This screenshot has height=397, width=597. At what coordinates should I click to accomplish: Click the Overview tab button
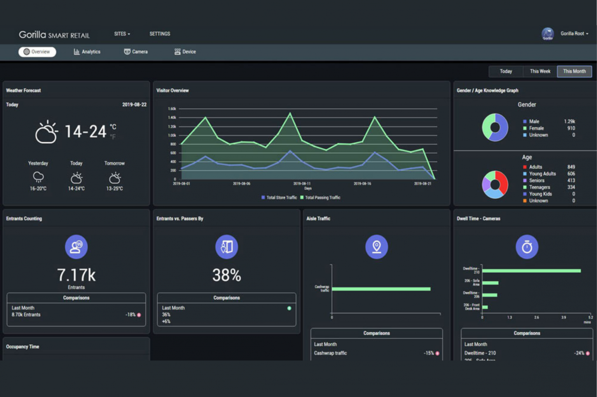click(37, 52)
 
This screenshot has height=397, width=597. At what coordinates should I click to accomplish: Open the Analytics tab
click(87, 52)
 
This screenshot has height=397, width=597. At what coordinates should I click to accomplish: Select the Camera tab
click(136, 52)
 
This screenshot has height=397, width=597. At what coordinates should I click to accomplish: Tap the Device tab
click(185, 52)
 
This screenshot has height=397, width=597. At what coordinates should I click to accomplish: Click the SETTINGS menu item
click(160, 34)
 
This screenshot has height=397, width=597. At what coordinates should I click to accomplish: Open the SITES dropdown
click(122, 34)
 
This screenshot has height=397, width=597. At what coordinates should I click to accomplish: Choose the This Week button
click(540, 71)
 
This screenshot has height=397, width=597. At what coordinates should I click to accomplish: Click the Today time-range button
click(506, 71)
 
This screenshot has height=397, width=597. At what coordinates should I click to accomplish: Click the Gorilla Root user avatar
click(548, 34)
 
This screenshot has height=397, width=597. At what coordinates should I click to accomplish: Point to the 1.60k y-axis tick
click(172, 109)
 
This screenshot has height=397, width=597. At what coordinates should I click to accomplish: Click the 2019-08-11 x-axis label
click(302, 183)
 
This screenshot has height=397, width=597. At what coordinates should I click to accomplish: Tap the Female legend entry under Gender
click(536, 128)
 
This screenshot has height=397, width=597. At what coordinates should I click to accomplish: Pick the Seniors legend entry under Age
click(536, 181)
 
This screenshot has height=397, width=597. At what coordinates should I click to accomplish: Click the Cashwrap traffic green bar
click(381, 289)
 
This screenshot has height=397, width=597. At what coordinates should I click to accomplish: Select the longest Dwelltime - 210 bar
click(531, 271)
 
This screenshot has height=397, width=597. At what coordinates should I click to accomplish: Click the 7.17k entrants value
click(76, 275)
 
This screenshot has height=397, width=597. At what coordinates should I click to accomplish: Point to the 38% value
click(227, 275)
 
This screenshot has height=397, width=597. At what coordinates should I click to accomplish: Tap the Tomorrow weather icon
click(115, 178)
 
